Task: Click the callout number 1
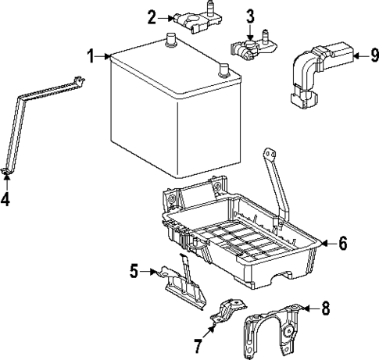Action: click(91, 56)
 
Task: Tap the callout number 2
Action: click(152, 14)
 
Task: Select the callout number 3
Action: click(250, 15)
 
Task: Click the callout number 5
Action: click(134, 271)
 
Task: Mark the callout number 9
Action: click(374, 55)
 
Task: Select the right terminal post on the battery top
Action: click(225, 70)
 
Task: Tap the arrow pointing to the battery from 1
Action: click(104, 56)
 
